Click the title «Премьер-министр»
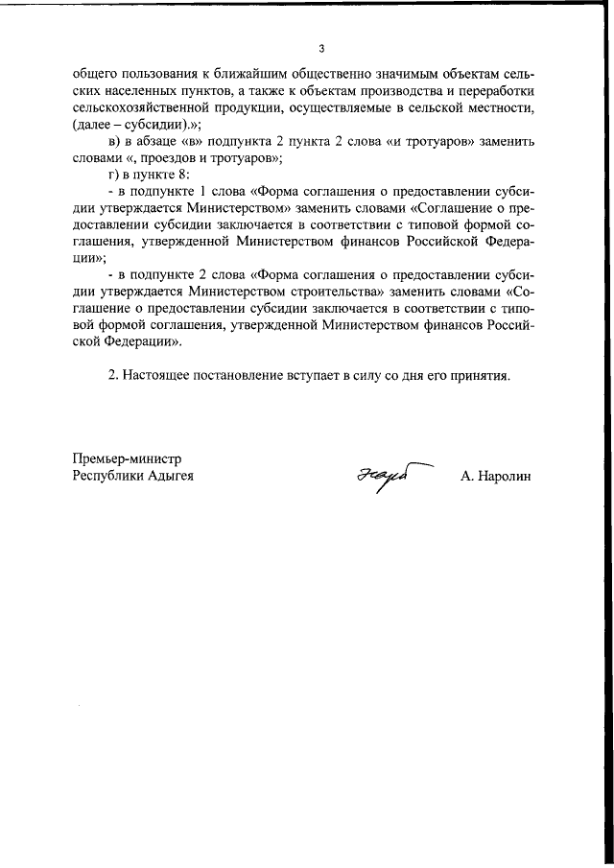(127, 457)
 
